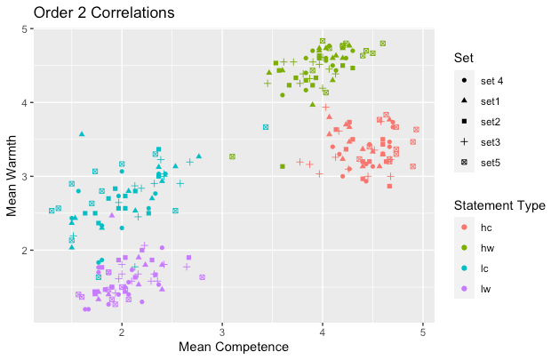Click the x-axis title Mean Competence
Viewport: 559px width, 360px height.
coord(234,346)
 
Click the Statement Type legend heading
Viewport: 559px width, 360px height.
coord(499,206)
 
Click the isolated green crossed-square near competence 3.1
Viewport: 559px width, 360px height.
coord(232,156)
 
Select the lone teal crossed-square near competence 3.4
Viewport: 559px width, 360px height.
coord(266,127)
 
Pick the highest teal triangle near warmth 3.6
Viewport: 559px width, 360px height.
coord(82,133)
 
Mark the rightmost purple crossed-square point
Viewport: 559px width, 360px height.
coord(202,277)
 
